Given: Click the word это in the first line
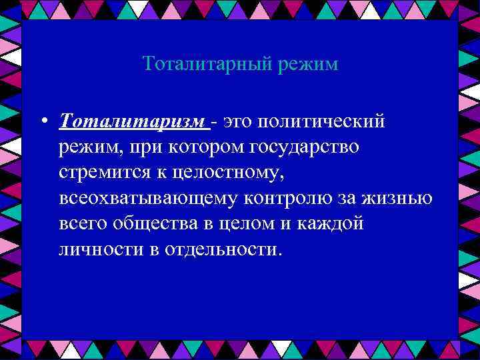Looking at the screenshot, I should [x=239, y=121].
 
